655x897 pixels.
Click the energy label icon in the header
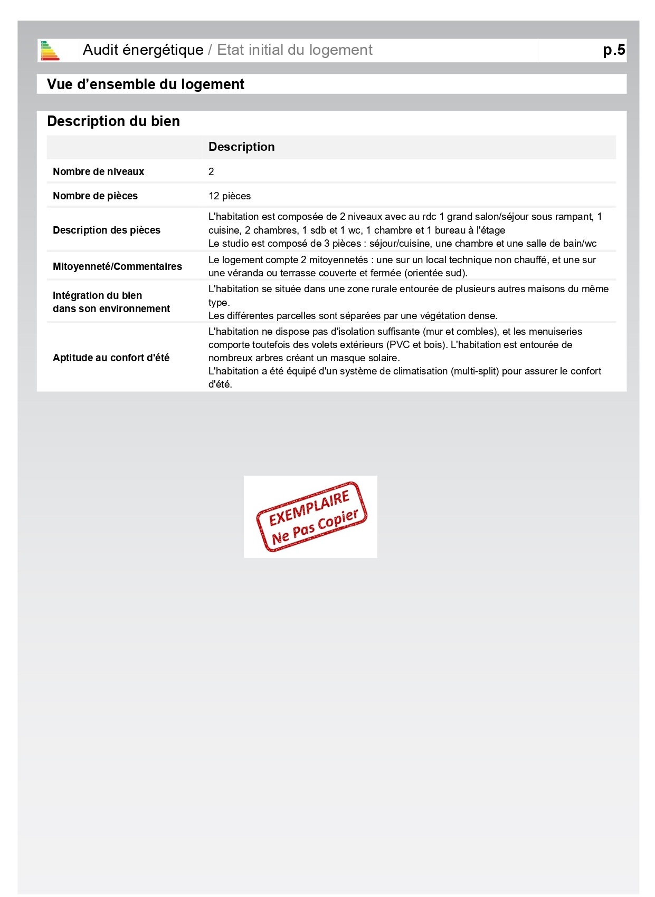pos(50,51)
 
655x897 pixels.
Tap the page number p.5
pos(614,50)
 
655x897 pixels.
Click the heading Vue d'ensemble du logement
pos(145,84)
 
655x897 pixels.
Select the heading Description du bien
pos(113,121)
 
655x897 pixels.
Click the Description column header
pos(241,147)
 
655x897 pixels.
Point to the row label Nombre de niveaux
pos(98,171)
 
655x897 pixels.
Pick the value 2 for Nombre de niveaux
pos(211,171)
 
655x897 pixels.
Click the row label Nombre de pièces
pos(95,196)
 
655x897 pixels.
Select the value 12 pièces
pos(230,196)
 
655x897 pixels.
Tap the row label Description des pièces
pos(106,230)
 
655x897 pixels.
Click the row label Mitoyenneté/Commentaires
pos(117,266)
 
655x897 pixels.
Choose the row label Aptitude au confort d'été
pos(111,358)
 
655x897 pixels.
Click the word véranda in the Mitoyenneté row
pos(242,273)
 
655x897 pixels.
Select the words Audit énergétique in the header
pos(143,50)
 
